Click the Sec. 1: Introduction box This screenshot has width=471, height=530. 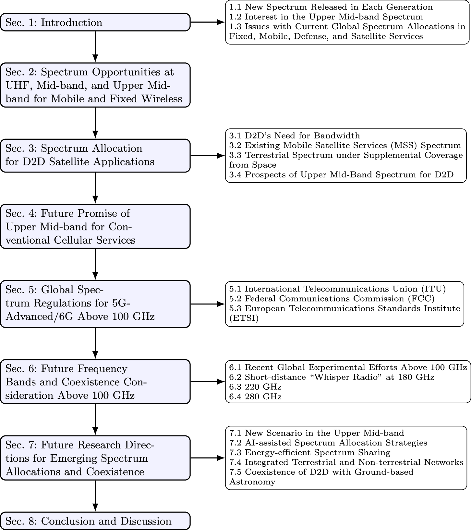point(95,22)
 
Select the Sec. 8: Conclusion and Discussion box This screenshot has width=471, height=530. point(95,521)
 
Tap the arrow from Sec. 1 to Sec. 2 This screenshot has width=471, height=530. point(95,47)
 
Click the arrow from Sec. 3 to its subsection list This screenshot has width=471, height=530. point(208,156)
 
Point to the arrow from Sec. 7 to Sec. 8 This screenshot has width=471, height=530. point(95,496)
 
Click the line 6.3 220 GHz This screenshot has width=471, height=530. point(255,387)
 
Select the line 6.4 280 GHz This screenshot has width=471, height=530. point(255,397)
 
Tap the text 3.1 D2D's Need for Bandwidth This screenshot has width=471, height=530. point(295,136)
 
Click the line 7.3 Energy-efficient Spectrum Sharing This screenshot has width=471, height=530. point(310,453)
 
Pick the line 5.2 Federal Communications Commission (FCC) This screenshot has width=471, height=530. point(332,299)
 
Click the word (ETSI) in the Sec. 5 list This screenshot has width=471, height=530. point(244,318)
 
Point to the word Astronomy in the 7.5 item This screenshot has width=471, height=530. point(252,482)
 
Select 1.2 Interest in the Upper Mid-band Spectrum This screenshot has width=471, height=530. point(326,17)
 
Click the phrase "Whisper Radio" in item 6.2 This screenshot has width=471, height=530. point(343,377)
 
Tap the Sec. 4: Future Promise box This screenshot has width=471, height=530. point(95,226)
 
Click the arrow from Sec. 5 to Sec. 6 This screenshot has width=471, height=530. point(95,343)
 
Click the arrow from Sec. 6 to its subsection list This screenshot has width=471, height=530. point(208,382)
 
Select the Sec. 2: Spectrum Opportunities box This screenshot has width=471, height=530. point(95,85)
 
